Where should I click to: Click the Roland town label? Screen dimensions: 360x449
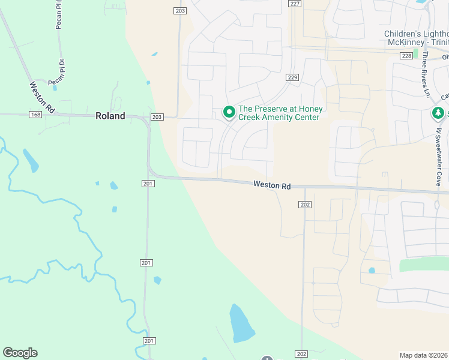coord(110,116)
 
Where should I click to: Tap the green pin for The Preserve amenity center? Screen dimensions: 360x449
coord(229,112)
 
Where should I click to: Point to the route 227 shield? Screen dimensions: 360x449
coord(294,4)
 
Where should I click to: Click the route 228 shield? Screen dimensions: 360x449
coord(407,55)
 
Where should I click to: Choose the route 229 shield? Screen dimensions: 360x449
coord(292,77)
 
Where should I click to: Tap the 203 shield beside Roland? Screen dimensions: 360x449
coord(157,117)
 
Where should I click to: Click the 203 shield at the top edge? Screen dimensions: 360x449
coord(181,11)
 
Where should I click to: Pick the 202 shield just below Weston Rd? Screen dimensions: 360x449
coord(305,205)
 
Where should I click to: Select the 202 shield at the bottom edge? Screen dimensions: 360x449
coord(302,354)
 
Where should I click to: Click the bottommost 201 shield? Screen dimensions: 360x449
coord(149,340)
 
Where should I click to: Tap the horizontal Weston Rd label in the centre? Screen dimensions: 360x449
coord(272,186)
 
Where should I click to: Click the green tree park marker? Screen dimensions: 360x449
coord(438,113)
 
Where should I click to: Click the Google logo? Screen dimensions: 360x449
coord(20,353)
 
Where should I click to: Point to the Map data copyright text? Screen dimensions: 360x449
coord(423,355)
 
